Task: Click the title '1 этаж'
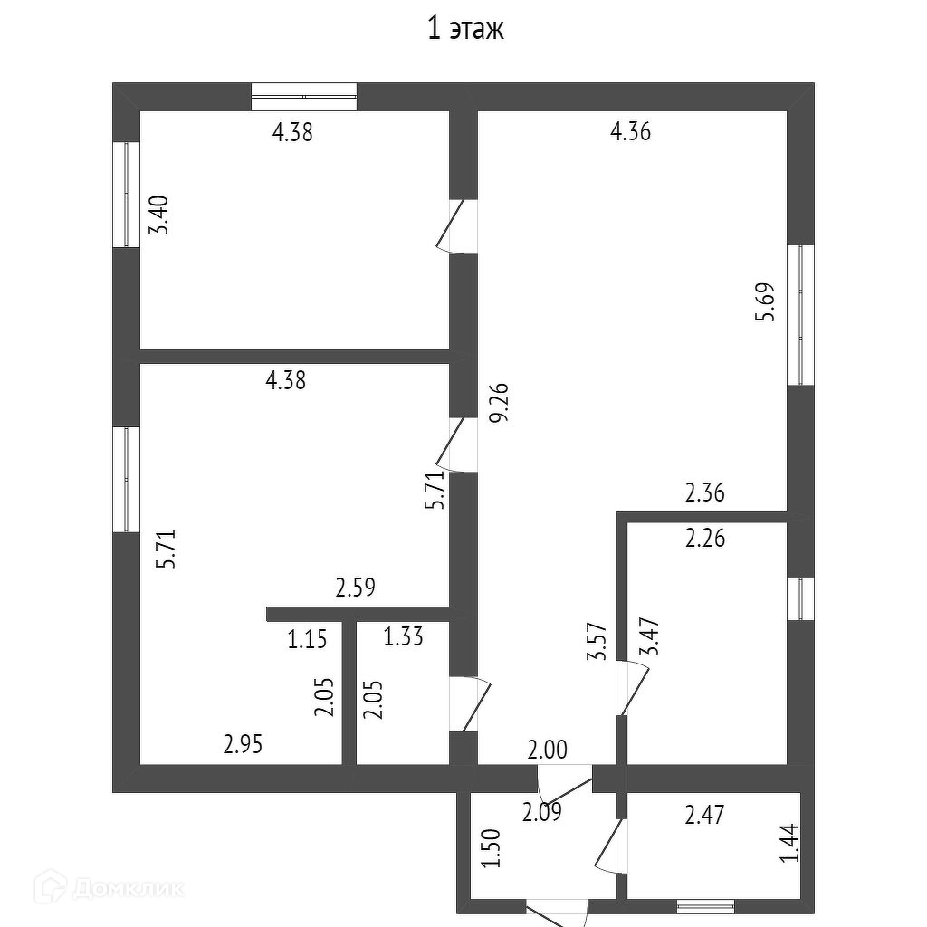pyautogui.click(x=465, y=30)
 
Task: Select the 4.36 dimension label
pyautogui.click(x=631, y=132)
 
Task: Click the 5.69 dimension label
pyautogui.click(x=766, y=302)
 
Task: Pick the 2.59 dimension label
pyautogui.click(x=356, y=588)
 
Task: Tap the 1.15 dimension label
pyautogui.click(x=307, y=639)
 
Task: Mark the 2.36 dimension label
pyautogui.click(x=705, y=493)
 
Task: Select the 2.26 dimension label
pyautogui.click(x=705, y=539)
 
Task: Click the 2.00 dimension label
pyautogui.click(x=549, y=749)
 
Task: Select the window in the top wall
pyautogui.click(x=304, y=96)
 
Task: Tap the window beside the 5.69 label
pyautogui.click(x=800, y=314)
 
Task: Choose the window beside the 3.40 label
pyautogui.click(x=126, y=194)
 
